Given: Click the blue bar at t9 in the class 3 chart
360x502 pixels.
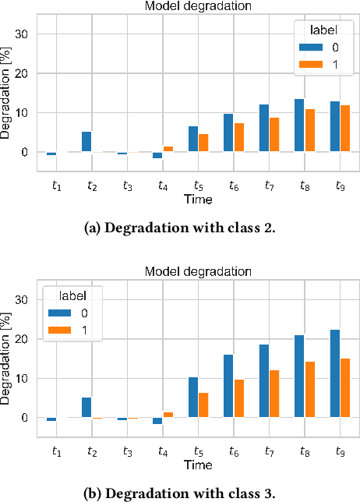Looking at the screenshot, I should click(x=335, y=373).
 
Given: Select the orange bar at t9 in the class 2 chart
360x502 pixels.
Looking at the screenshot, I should click(x=345, y=129).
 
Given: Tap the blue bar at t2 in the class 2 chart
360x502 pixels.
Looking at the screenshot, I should click(x=86, y=142).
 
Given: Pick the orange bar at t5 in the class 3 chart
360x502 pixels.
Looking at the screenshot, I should click(x=204, y=405).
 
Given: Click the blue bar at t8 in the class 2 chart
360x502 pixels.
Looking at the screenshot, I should click(x=299, y=125).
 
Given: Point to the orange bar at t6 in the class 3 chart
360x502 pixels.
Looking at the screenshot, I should click(x=239, y=398).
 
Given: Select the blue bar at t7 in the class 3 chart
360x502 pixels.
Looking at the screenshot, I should click(x=264, y=380).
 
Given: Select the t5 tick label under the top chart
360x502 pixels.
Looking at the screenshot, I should click(x=199, y=186).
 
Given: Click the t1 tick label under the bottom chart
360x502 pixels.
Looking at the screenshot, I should click(x=56, y=451).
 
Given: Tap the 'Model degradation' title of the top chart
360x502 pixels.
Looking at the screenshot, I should click(x=199, y=6).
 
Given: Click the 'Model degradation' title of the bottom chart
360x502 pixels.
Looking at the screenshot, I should click(x=199, y=272).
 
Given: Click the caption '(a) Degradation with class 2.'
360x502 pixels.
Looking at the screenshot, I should click(x=179, y=228).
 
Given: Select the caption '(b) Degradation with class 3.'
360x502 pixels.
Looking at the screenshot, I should click(x=179, y=493).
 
